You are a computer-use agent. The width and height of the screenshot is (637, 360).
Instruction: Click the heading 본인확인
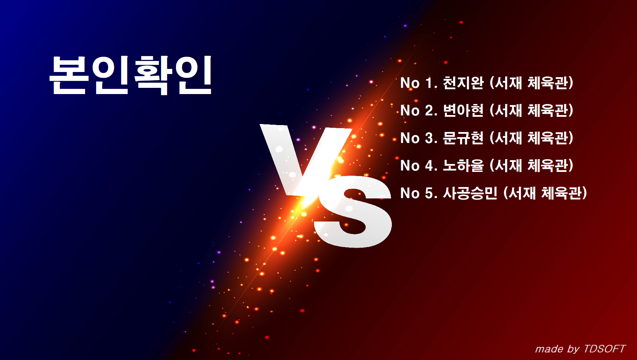pos(130,75)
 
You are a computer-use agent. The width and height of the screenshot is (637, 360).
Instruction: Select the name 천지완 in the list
pos(463,83)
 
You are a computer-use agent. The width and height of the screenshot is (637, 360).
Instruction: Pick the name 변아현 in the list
pos(463,111)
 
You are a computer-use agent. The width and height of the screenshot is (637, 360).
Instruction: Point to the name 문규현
pos(463,138)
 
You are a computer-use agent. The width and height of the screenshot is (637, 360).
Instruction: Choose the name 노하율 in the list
pos(463,166)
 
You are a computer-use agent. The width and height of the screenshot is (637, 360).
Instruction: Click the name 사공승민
pos(470,193)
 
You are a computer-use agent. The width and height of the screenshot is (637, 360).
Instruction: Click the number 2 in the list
pos(429,111)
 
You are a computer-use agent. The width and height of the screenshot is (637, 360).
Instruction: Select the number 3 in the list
pos(429,138)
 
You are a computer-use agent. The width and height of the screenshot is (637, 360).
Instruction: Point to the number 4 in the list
pos(429,166)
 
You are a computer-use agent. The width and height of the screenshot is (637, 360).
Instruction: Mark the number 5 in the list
pos(429,193)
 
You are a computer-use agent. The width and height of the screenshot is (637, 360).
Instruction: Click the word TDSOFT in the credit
pos(605,349)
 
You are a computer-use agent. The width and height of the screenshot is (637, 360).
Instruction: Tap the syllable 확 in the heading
pos(153,75)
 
